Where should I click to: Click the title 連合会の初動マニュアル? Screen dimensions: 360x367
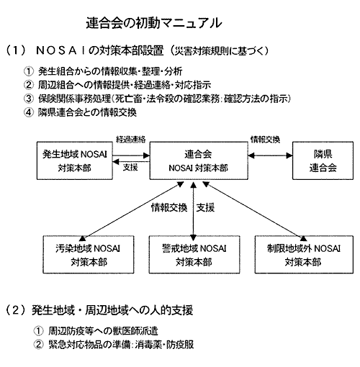click(x=154, y=23)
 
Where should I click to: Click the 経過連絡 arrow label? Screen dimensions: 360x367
click(x=131, y=139)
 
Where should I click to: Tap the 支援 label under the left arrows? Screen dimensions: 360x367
click(x=130, y=167)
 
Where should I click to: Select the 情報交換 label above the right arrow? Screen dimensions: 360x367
click(x=265, y=139)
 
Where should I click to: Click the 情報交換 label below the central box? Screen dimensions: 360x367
click(x=169, y=207)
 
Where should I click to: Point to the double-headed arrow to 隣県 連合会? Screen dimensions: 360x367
click(x=270, y=155)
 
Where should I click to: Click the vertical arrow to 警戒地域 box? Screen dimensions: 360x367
click(x=194, y=212)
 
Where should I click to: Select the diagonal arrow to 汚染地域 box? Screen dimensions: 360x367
click(x=131, y=212)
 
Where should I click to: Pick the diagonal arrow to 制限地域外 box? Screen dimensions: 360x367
click(x=255, y=212)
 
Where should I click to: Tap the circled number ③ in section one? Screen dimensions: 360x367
click(x=29, y=99)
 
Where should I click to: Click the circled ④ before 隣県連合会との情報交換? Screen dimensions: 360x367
click(x=29, y=112)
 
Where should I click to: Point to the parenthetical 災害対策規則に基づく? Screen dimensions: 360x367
click(x=219, y=51)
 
